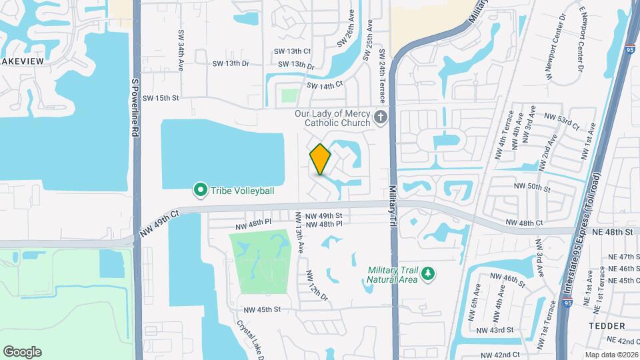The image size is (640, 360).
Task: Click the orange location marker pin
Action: coord(321,159)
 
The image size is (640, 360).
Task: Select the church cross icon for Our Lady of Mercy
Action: coord(381,118)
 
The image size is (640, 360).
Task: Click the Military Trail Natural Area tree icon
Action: coord(429,273)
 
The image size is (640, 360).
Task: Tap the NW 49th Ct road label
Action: coord(160,223)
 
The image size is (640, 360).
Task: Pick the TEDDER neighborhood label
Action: coord(607,326)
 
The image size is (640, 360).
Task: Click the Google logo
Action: coord(22,352)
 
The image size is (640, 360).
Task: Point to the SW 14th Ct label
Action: coord(325,85)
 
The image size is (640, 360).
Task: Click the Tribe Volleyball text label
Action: coord(243,191)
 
